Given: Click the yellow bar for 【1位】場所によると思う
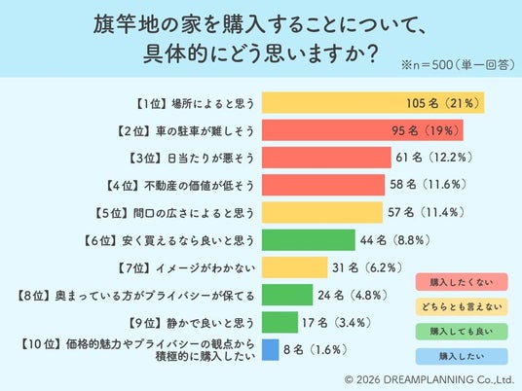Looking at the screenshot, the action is point(373,103).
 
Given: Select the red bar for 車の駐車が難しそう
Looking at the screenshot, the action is point(362,130).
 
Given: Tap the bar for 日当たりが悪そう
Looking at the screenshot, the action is point(326,158).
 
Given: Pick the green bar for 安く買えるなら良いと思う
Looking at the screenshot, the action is point(309,239).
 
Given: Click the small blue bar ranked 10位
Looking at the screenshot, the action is point(271,350).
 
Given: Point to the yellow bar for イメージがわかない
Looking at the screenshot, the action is point(295,267).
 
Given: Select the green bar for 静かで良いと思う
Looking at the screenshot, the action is point(280,322).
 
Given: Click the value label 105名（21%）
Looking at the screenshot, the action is point(443,103).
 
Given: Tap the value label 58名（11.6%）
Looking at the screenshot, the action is point(429,185).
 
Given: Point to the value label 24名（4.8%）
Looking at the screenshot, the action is point(353,295).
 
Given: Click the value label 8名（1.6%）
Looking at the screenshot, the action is point(316,350).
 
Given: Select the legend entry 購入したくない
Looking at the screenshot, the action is point(462,282).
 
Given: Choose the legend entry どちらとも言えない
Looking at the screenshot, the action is point(462,306).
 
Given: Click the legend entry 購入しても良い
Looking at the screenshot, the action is point(462,332).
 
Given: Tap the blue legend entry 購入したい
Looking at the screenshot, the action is point(462,356).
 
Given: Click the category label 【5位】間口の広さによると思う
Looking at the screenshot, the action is point(174,213).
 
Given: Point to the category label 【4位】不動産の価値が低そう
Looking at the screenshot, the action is point(180,185).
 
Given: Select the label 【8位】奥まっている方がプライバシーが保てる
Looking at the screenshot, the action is point(135,296).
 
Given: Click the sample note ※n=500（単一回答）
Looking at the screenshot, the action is point(458,65).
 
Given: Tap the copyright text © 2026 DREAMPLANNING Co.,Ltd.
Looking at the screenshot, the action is point(429,379).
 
